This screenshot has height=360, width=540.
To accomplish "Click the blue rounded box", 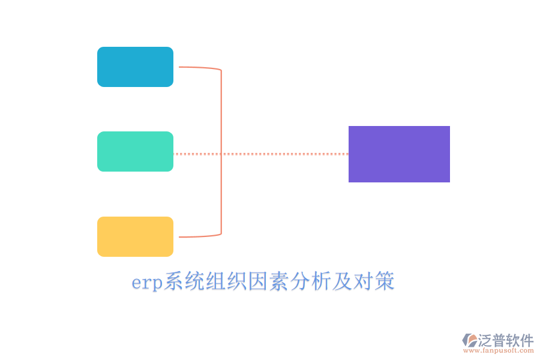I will (x=135, y=67).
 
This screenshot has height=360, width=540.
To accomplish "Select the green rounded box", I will (x=135, y=151).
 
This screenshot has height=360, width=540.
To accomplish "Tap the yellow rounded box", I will (x=135, y=236).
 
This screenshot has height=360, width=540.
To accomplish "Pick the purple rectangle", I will (x=399, y=154).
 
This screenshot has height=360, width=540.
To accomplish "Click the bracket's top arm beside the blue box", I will (x=198, y=68).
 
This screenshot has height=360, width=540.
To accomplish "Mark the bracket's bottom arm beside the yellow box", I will (x=198, y=236).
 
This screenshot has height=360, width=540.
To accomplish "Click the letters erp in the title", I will (x=147, y=282).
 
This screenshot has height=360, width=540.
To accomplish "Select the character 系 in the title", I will (x=175, y=281).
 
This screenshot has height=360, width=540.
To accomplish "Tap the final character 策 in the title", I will (x=385, y=281).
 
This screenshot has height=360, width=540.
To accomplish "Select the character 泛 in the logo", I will (x=485, y=340).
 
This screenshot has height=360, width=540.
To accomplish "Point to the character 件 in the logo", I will (x=527, y=340).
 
